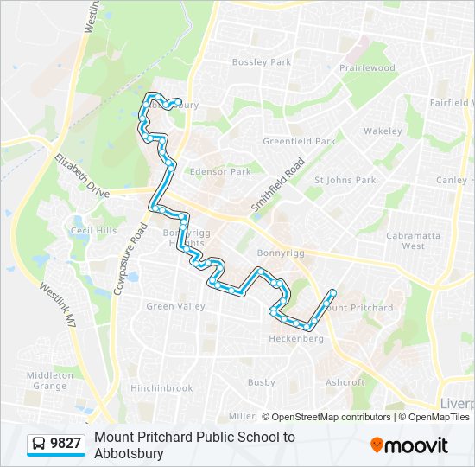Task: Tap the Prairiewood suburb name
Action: tap(367, 68)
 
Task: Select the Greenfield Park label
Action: tap(299, 141)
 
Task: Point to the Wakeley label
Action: tap(383, 131)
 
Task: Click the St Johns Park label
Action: tap(345, 180)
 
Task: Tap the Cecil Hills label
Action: tap(93, 231)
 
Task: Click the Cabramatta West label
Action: tap(413, 240)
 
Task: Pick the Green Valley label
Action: tap(175, 306)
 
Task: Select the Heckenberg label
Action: tap(296, 339)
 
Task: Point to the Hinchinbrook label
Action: tap(161, 388)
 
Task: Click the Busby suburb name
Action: tap(261, 382)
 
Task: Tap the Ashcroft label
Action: tap(345, 381)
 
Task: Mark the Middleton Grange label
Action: tap(50, 381)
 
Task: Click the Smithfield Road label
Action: tap(278, 186)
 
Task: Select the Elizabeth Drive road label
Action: tap(82, 176)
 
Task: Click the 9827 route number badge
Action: tap(66, 444)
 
